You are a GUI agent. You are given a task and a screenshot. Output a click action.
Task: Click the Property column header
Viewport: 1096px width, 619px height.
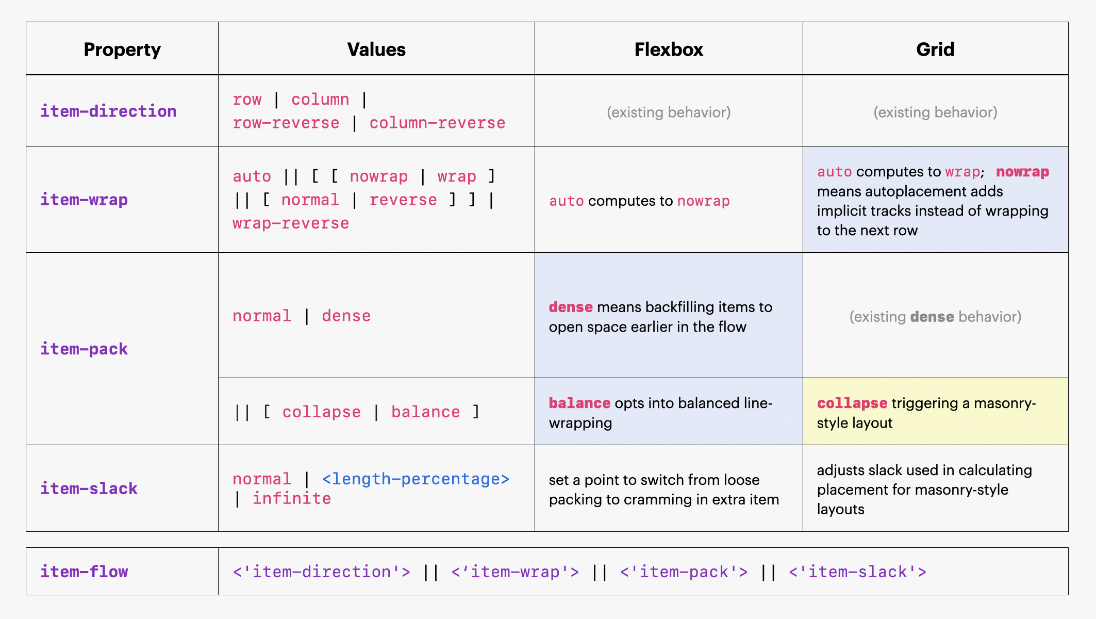click(x=122, y=50)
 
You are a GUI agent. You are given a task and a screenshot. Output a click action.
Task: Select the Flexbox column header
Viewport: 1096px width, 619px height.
click(x=669, y=50)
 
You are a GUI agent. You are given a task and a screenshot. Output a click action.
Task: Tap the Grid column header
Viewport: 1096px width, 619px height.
click(x=935, y=50)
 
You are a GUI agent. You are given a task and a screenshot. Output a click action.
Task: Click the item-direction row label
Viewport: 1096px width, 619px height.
click(x=108, y=111)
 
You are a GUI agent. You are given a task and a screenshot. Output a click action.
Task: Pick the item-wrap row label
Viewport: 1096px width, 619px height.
click(x=84, y=200)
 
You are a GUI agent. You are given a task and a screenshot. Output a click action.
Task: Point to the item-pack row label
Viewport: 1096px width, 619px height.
click(x=84, y=349)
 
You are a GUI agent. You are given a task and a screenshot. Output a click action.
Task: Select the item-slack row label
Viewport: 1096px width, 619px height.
click(x=89, y=488)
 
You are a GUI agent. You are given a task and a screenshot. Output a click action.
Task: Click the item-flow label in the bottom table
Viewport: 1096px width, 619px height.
click(x=84, y=572)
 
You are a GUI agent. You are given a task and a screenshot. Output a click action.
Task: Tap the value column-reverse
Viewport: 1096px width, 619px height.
click(x=437, y=123)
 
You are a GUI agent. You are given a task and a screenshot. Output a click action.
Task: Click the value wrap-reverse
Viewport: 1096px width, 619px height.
click(x=291, y=223)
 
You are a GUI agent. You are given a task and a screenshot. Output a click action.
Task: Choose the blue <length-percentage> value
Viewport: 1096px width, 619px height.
click(x=416, y=479)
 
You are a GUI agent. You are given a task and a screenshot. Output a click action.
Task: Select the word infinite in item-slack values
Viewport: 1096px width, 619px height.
click(x=292, y=499)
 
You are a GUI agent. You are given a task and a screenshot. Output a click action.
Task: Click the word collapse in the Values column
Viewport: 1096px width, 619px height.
click(x=322, y=412)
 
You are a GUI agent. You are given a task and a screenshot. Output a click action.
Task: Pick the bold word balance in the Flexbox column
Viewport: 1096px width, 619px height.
click(x=579, y=403)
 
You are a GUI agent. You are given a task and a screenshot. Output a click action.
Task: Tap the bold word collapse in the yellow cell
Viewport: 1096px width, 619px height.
click(x=852, y=403)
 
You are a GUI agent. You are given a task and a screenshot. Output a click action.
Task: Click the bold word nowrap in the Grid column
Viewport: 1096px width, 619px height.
click(x=1022, y=172)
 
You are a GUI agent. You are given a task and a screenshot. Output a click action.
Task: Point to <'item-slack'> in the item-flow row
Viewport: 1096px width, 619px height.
click(x=857, y=572)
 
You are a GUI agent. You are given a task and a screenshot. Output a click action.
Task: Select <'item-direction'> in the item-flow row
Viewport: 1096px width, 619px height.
click(x=322, y=572)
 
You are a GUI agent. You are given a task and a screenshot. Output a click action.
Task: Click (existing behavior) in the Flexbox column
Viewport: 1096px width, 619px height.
click(x=669, y=112)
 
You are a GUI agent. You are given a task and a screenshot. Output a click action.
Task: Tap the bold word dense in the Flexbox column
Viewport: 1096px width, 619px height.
click(x=571, y=307)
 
